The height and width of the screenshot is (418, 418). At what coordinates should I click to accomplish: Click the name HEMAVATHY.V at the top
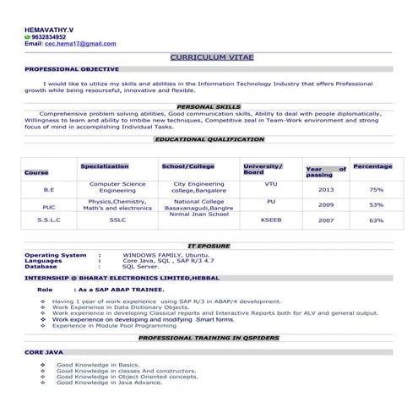(49, 30)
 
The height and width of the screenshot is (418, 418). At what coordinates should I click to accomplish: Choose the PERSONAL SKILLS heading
(209, 107)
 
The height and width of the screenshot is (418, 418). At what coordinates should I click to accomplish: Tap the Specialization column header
(105, 166)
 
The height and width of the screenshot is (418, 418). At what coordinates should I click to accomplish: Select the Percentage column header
(372, 166)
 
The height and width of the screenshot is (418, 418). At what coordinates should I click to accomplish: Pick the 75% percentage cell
(377, 190)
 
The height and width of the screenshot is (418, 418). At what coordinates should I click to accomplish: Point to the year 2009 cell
(326, 205)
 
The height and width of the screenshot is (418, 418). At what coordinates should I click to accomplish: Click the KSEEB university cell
(271, 220)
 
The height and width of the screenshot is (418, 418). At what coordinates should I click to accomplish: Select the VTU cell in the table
(270, 183)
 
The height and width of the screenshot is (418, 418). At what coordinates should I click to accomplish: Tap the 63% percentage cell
(377, 220)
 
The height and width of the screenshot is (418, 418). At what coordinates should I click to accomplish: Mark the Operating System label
(56, 255)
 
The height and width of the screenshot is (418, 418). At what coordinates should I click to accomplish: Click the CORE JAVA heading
(43, 350)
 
